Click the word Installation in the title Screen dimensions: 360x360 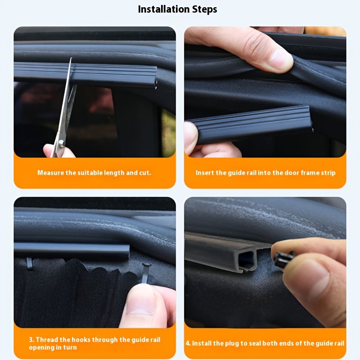[x=164, y=9]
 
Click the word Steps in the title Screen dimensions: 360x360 [x=205, y=9]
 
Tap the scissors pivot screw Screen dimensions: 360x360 [x=61, y=143]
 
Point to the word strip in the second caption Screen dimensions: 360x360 [x=328, y=173]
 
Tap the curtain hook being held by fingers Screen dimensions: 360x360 [x=146, y=273]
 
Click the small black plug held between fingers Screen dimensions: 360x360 [x=284, y=260]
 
